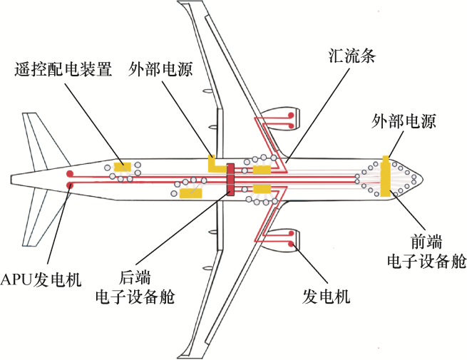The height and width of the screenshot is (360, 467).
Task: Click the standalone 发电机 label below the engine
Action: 327,296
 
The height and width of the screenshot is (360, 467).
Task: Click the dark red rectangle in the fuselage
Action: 230,179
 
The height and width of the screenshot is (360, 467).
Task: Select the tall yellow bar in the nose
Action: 386,176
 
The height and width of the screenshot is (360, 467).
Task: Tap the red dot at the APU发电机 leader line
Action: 70,186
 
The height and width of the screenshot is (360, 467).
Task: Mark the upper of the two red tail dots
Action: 70,174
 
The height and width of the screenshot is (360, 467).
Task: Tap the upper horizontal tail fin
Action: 43,139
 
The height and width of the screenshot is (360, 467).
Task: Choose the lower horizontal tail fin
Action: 43,217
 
